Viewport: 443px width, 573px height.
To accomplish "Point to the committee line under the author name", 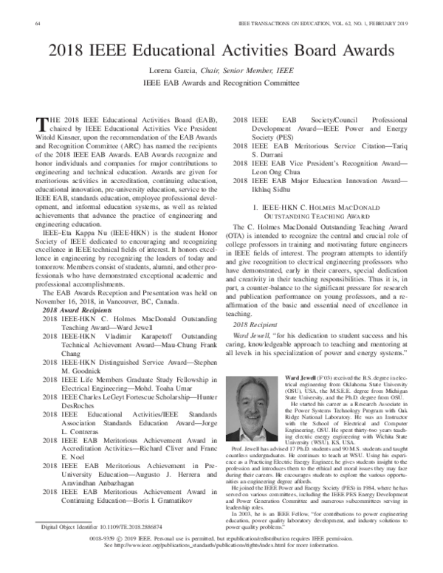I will (x=221, y=85).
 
